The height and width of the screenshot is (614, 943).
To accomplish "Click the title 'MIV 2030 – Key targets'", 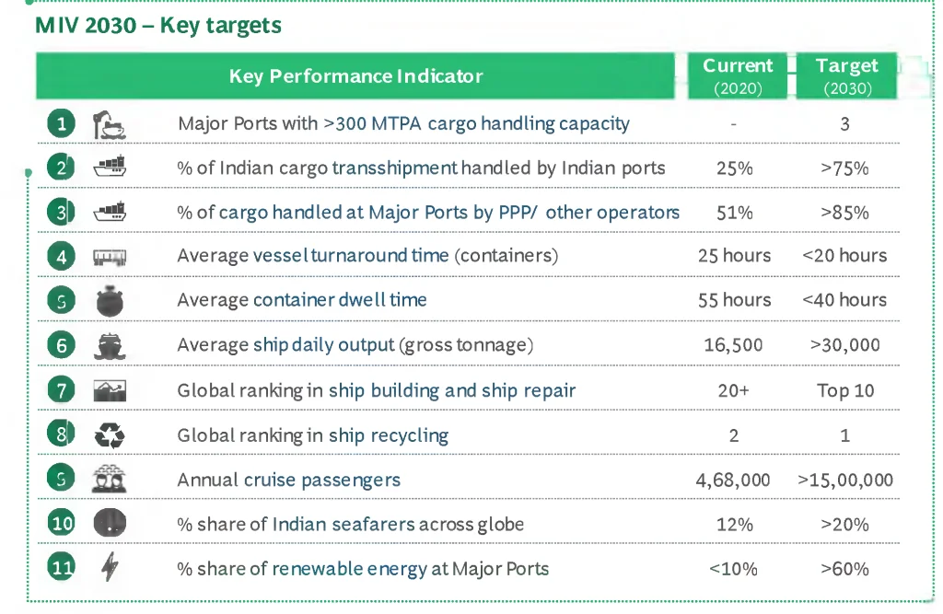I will (157, 25).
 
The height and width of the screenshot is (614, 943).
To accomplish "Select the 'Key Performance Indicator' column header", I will (355, 76).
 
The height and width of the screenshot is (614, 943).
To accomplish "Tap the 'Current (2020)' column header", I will (738, 76).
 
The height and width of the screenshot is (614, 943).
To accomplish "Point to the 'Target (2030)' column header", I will (846, 76).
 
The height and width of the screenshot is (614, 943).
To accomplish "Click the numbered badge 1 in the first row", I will (61, 123).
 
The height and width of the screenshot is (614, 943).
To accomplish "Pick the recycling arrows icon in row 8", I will (110, 434).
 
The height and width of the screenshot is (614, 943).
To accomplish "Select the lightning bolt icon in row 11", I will (110, 568).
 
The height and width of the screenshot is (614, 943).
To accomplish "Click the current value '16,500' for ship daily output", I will (734, 345).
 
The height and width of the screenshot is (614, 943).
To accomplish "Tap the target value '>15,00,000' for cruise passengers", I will (845, 480).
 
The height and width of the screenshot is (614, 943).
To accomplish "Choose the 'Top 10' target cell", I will (845, 390).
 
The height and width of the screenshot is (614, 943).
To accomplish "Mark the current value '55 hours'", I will (734, 300).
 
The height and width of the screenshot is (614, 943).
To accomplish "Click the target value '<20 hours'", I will (844, 256).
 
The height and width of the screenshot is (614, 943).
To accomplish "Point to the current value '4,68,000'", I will (734, 480).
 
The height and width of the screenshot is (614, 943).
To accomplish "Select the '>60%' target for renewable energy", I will (844, 569).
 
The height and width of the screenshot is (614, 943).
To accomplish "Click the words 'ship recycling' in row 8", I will (389, 435).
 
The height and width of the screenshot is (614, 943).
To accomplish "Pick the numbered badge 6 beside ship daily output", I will (61, 345).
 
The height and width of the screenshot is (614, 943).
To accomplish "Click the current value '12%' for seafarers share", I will (734, 525).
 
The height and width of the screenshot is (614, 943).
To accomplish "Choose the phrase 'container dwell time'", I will (340, 300).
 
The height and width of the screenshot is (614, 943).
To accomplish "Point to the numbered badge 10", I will (61, 524).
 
